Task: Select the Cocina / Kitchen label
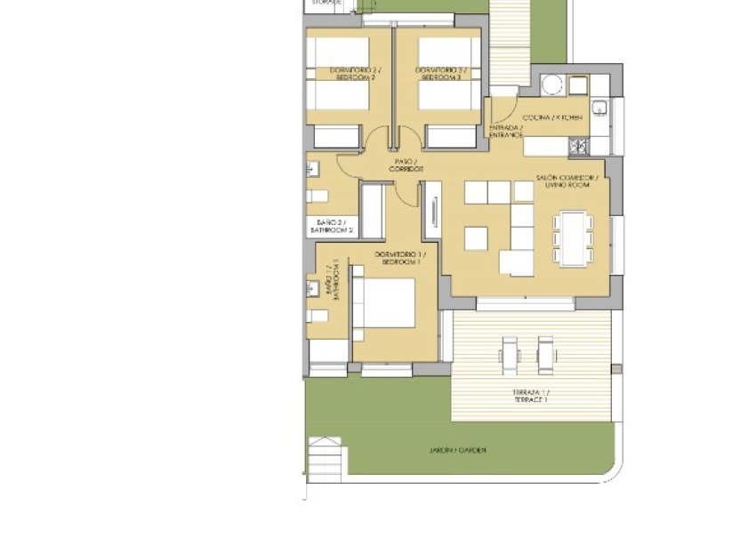click(x=553, y=117)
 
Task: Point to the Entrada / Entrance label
click(x=505, y=131)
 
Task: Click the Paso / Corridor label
click(x=406, y=165)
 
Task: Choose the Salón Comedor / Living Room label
click(x=567, y=182)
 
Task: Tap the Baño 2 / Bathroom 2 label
click(x=332, y=226)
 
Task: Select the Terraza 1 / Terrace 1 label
click(x=530, y=396)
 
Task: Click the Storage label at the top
click(x=326, y=4)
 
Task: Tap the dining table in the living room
click(x=571, y=237)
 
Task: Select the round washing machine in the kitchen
click(x=551, y=85)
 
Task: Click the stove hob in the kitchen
click(x=578, y=145)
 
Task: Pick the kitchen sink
click(x=600, y=109)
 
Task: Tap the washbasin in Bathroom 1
click(x=313, y=287)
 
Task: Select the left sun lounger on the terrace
click(x=509, y=355)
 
